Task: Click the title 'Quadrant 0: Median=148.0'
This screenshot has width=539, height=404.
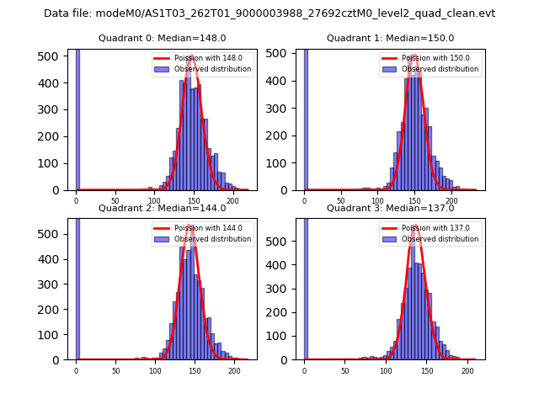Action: [x=162, y=38]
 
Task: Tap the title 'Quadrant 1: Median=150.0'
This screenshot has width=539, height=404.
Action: [x=390, y=38]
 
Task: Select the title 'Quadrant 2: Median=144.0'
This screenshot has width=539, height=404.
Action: [x=162, y=208]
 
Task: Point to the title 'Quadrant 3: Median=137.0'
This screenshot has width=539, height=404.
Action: [x=390, y=208]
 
